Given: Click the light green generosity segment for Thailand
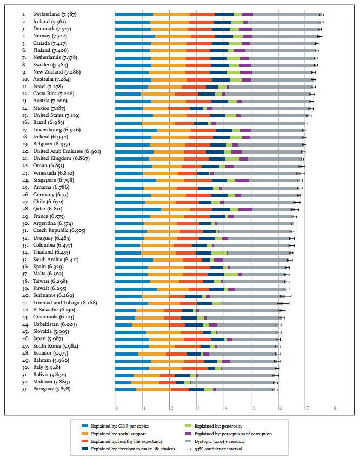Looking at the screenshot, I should (x=219, y=252).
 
